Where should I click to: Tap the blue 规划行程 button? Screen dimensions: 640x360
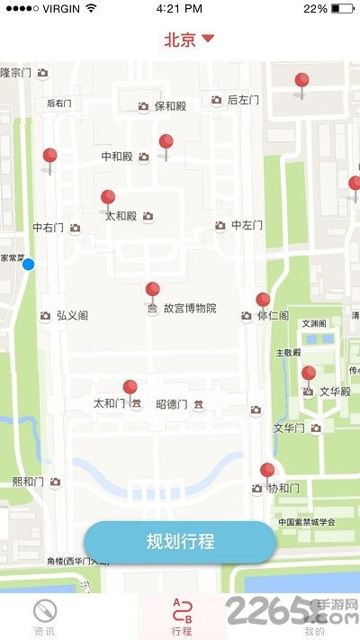point(180,542)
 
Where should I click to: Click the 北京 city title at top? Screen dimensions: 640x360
point(180,40)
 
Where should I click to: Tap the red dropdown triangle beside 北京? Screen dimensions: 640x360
point(208,39)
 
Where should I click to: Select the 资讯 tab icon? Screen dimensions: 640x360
point(44,610)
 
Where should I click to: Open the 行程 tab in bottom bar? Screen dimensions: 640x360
point(181,616)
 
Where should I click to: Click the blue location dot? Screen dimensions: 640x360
point(29,264)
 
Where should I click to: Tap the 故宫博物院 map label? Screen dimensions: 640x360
point(189,308)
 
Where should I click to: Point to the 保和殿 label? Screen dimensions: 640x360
point(170,106)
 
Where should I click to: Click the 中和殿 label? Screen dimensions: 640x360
point(117,157)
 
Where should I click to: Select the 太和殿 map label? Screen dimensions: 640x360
point(121,216)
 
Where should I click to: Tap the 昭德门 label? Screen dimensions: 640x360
point(172,403)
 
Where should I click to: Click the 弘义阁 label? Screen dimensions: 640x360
point(72,315)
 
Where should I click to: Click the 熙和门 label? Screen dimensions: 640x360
point(29,482)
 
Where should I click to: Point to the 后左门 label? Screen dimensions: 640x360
point(243,100)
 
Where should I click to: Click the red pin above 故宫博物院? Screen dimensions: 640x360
point(153,291)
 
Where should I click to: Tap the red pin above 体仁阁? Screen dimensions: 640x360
point(263,301)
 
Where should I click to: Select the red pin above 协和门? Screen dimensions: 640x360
point(267,471)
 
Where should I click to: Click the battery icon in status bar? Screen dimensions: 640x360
point(343,8)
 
